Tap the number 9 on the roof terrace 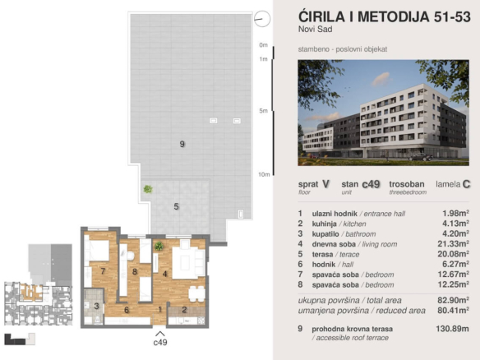[182, 144]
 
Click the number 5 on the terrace [176, 206]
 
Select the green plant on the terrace [148, 189]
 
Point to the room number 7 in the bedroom [103, 271]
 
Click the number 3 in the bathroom [96, 306]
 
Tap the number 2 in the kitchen [184, 310]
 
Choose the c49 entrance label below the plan [160, 342]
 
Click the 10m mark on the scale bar [264, 174]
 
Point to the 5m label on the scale [263, 111]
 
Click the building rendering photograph [383, 113]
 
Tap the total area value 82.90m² [453, 300]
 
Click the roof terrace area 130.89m [452, 329]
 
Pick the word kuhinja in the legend [324, 224]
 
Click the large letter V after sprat [325, 184]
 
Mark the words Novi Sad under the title [316, 30]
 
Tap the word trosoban [407, 184]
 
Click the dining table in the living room [196, 294]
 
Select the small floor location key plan [39, 284]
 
